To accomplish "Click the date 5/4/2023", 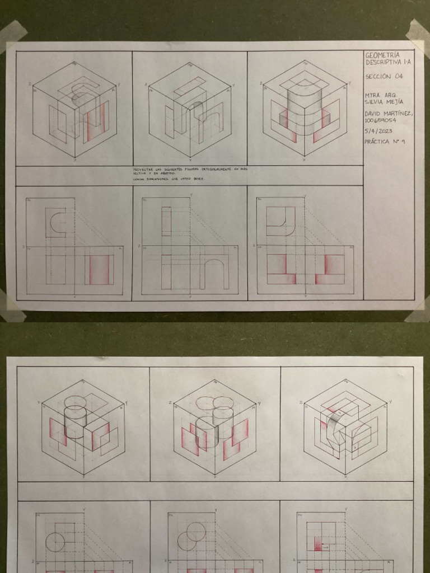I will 379,131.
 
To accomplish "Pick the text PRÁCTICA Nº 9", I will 385,142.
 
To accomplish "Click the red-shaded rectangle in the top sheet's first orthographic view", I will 99,269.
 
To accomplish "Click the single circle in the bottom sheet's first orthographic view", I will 55,542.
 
